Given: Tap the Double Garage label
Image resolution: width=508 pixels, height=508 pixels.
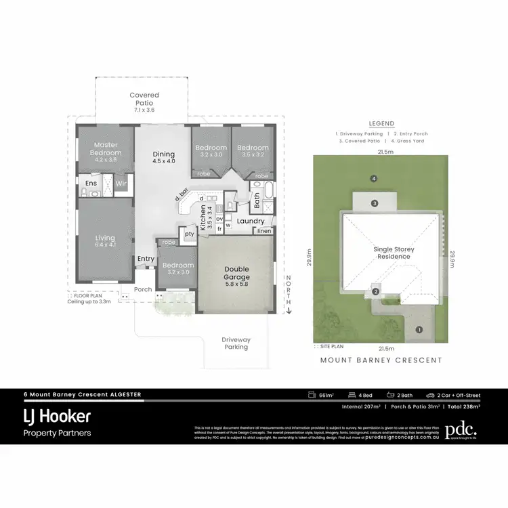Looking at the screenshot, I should coord(237,273).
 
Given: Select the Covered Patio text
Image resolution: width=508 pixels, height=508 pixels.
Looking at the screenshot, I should coord(144,99).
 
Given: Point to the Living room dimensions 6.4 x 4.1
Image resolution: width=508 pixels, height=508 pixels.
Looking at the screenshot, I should coord(106,245).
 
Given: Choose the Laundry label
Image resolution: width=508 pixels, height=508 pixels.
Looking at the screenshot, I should coord(251,221).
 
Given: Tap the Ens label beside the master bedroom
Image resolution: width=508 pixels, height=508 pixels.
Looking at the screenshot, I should coord(90,183).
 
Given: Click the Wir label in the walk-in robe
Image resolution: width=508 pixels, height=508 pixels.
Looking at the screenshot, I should coord(121,183).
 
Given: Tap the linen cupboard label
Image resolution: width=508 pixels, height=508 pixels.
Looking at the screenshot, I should coord(263,232).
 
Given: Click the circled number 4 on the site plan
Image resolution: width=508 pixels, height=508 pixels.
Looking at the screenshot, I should coord(373,179).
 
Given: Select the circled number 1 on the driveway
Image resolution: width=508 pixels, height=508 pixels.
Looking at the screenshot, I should coord(419,330).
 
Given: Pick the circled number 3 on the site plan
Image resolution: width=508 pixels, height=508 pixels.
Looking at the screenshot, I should coord(374,203).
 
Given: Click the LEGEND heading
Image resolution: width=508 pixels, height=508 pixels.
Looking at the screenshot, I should coord(381,124).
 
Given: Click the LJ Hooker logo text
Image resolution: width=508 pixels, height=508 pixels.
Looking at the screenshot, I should coord(57,415).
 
